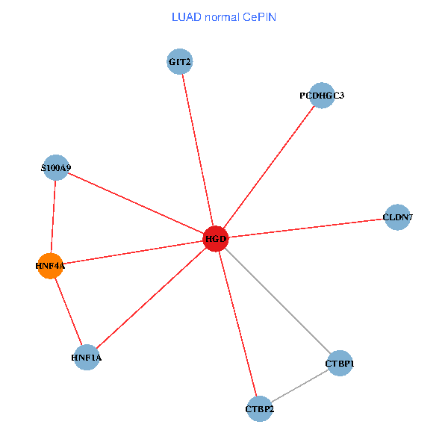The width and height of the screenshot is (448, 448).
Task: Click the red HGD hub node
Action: pyautogui.click(x=215, y=239)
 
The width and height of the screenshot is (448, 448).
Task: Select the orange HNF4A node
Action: pyautogui.click(x=50, y=265)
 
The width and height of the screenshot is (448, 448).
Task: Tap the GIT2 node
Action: pyautogui.click(x=180, y=62)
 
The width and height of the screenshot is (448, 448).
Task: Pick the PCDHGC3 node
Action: pyautogui.click(x=322, y=96)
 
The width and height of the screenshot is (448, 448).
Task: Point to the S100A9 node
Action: pyautogui.click(x=56, y=169)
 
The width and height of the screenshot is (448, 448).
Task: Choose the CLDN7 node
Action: pyautogui.click(x=397, y=217)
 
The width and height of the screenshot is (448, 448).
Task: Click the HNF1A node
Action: pyautogui.click(x=87, y=358)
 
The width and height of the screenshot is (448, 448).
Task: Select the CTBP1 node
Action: pyautogui.click(x=340, y=364)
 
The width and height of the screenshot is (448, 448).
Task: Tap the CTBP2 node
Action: pyautogui.click(x=260, y=408)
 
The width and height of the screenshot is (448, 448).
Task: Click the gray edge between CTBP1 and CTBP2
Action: pyautogui.click(x=299, y=386)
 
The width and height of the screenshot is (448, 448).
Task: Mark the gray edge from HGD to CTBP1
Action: pyautogui.click(x=278, y=302)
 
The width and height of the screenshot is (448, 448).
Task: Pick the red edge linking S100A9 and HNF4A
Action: pyautogui.click(x=53, y=217)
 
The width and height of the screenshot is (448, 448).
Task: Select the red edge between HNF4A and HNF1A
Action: pyautogui.click(x=68, y=311)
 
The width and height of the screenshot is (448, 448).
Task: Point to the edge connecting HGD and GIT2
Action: pyautogui.click(x=197, y=149)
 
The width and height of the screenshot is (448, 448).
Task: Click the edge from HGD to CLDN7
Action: pyautogui.click(x=306, y=228)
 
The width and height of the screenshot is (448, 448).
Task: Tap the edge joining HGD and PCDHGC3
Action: pyautogui.click(x=269, y=167)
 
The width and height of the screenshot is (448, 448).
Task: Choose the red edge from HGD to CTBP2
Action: pyautogui.click(x=237, y=324)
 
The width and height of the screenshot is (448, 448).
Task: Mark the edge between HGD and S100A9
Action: pyautogui.click(x=135, y=204)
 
